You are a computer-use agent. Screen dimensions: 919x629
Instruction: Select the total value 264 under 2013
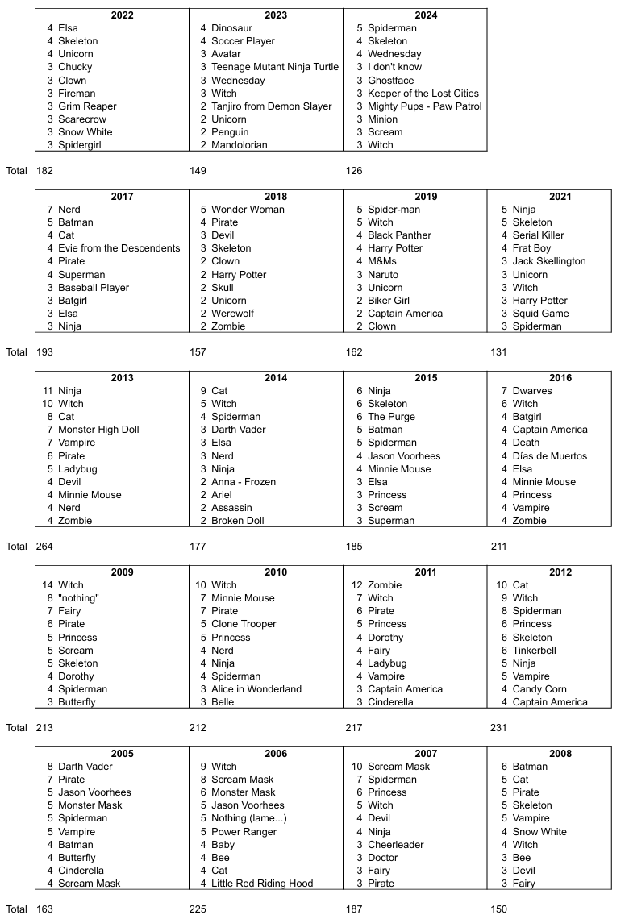(45, 547)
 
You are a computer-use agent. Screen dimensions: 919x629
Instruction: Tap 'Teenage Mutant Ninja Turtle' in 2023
(275, 67)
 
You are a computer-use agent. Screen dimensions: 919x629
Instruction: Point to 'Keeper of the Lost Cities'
(423, 94)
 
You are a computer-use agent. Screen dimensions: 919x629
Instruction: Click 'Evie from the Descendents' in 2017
(119, 248)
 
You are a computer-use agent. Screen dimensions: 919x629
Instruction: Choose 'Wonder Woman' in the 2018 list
(248, 210)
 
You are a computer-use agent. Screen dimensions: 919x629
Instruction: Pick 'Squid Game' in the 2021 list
(540, 314)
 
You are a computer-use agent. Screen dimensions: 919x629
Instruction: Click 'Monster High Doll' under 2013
(98, 430)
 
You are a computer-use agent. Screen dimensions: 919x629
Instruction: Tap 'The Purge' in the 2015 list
(391, 417)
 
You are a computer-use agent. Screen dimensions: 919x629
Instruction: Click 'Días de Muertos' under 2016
(550, 456)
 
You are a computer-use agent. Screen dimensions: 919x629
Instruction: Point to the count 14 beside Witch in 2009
(48, 585)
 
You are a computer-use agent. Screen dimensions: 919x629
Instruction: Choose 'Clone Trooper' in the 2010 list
(244, 624)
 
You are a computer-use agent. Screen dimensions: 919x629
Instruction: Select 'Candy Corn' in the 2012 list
(539, 689)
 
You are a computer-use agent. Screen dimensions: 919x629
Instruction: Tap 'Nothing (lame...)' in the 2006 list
(249, 818)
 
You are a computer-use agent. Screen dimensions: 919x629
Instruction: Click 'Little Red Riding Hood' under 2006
(262, 884)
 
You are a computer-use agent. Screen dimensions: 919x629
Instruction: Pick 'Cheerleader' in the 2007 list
(396, 845)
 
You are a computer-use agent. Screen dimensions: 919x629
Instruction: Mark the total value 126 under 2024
(353, 171)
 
